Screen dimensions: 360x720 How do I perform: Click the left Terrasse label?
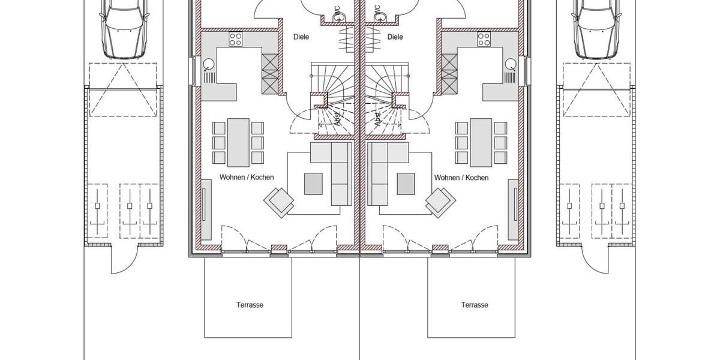click(250, 305)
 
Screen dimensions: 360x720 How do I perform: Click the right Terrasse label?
click(474, 305)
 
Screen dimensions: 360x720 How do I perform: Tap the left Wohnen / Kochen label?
click(247, 178)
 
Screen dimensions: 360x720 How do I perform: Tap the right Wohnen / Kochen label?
click(461, 178)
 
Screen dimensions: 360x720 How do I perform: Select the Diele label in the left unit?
click(301, 37)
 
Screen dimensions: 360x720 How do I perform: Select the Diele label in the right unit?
click(395, 37)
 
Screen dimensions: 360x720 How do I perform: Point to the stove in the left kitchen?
click(236, 40)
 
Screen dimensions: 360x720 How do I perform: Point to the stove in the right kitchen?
click(484, 40)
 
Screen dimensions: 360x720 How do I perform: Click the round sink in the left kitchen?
click(209, 64)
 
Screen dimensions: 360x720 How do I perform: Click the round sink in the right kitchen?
click(510, 64)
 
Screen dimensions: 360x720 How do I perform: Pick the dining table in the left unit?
click(238, 142)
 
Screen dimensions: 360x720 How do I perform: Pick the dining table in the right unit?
click(481, 142)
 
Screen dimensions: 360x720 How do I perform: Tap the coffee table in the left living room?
click(313, 184)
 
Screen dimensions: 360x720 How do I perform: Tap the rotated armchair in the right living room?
click(440, 202)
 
